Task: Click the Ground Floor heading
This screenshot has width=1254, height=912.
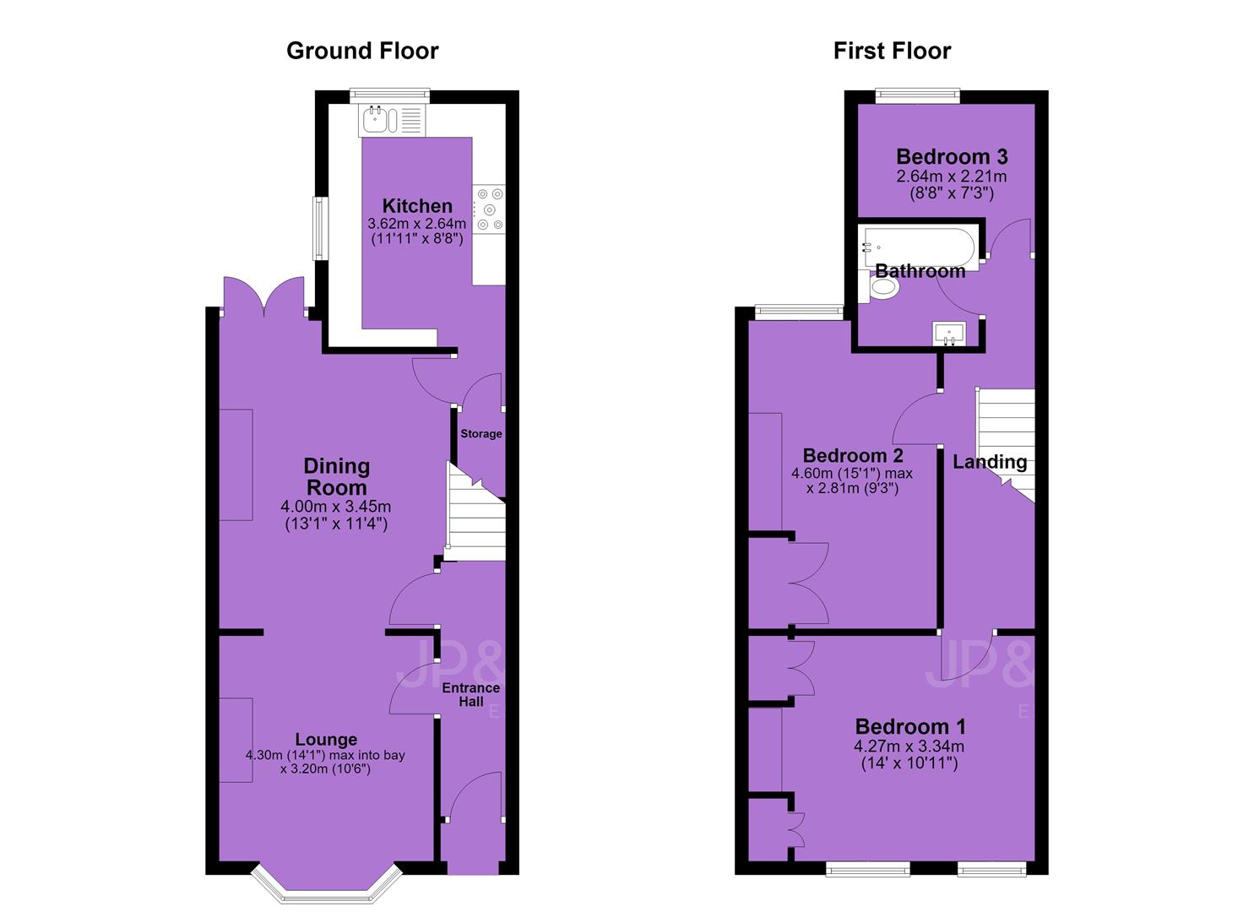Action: pyautogui.click(x=362, y=51)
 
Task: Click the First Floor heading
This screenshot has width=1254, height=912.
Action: pyautogui.click(x=892, y=51)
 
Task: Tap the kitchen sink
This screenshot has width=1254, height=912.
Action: pyautogui.click(x=392, y=121)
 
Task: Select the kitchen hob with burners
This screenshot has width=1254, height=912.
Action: pyautogui.click(x=489, y=209)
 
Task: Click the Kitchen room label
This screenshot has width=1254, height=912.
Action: pyautogui.click(x=417, y=205)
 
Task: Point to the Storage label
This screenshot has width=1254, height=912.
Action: pyautogui.click(x=480, y=433)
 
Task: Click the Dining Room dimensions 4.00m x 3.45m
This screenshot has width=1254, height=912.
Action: pyautogui.click(x=336, y=507)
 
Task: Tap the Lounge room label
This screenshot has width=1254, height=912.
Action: pyautogui.click(x=326, y=739)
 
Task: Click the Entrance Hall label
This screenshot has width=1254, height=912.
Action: pyautogui.click(x=471, y=694)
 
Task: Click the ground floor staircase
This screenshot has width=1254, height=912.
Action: pyautogui.click(x=475, y=511)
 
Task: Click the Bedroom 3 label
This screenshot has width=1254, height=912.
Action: pyautogui.click(x=952, y=157)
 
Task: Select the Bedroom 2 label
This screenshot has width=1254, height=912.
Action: pyautogui.click(x=853, y=455)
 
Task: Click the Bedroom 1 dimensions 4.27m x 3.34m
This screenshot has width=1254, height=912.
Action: pyautogui.click(x=909, y=746)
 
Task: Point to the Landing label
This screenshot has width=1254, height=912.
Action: pyautogui.click(x=990, y=462)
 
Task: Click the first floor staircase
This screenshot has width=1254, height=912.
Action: pyautogui.click(x=1006, y=445)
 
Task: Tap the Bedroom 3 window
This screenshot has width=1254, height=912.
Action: pyautogui.click(x=918, y=96)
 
